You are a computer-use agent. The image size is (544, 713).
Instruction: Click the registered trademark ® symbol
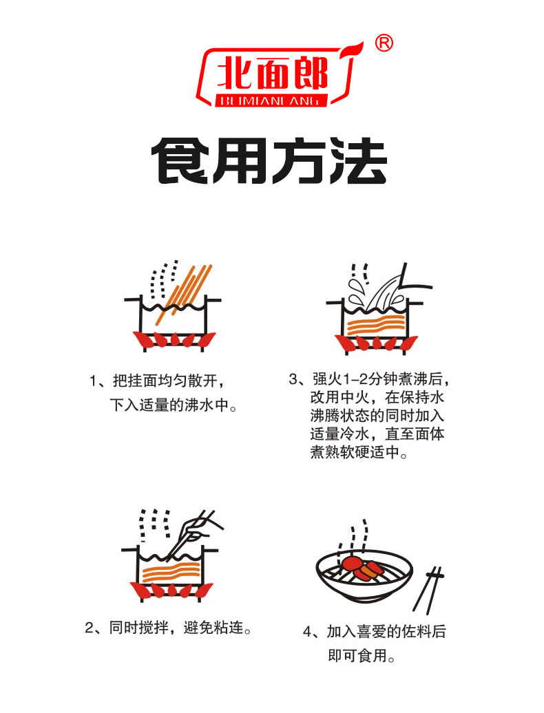pyautogui.click(x=384, y=43)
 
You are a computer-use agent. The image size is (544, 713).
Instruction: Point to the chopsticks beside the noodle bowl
pyautogui.click(x=428, y=590)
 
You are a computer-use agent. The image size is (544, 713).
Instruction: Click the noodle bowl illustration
pyautogui.click(x=364, y=575)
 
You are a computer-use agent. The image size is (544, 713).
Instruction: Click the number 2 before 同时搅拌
pyautogui.click(x=89, y=628)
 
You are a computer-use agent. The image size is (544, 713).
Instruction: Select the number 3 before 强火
pyautogui.click(x=293, y=379)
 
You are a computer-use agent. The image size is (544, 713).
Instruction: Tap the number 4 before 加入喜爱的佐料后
pyautogui.click(x=308, y=632)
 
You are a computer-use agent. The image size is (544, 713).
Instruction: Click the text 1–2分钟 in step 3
pyautogui.click(x=362, y=379)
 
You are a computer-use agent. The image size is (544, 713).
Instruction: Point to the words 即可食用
pyautogui.click(x=357, y=656)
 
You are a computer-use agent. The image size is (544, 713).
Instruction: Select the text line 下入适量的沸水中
pyautogui.click(x=169, y=405)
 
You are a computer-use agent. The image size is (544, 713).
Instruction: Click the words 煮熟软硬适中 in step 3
pyautogui.click(x=355, y=452)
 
